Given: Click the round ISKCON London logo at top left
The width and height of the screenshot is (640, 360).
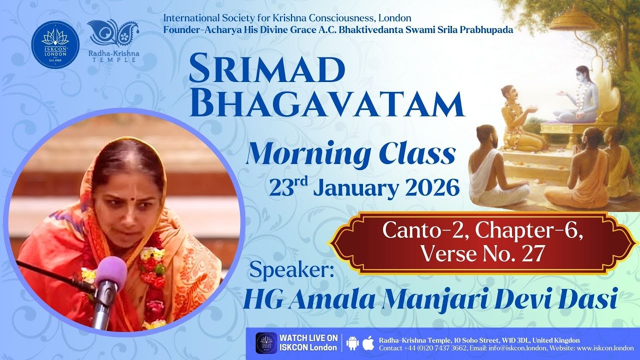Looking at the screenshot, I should click(x=55, y=44).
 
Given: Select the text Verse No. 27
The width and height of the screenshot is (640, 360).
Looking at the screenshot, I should click(x=481, y=253).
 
